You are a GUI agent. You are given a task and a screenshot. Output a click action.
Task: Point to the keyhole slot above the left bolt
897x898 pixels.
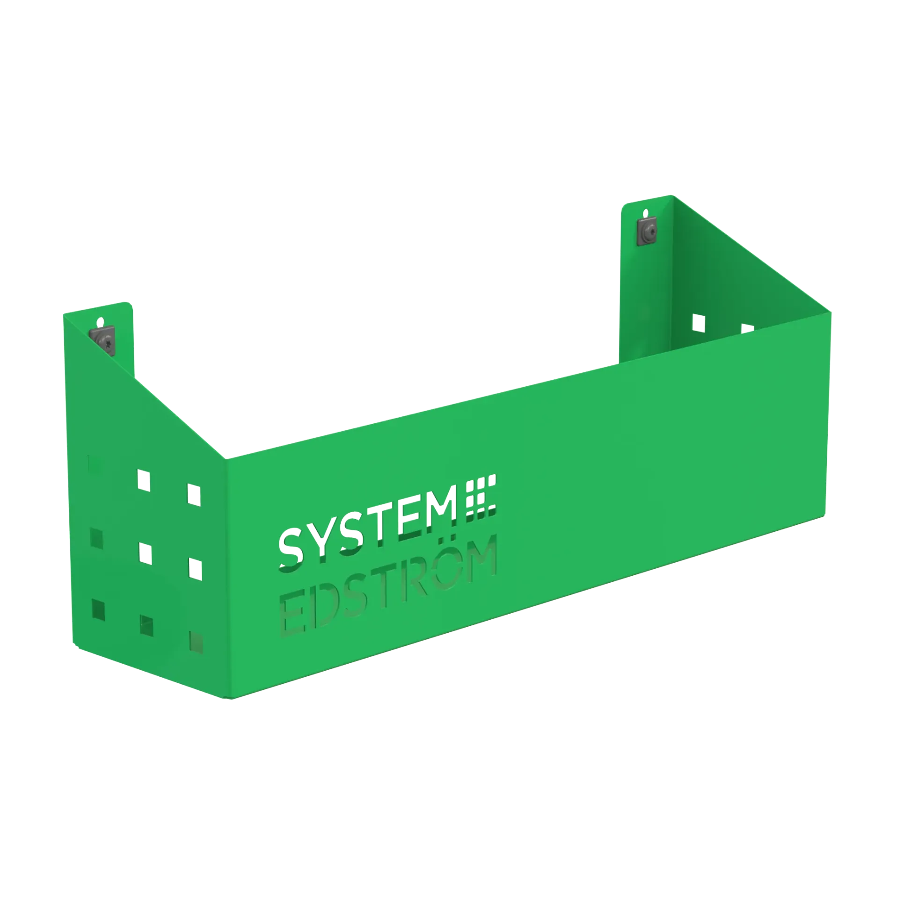[x=100, y=322]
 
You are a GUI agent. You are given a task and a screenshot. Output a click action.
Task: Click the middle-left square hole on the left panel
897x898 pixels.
[x=96, y=538]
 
